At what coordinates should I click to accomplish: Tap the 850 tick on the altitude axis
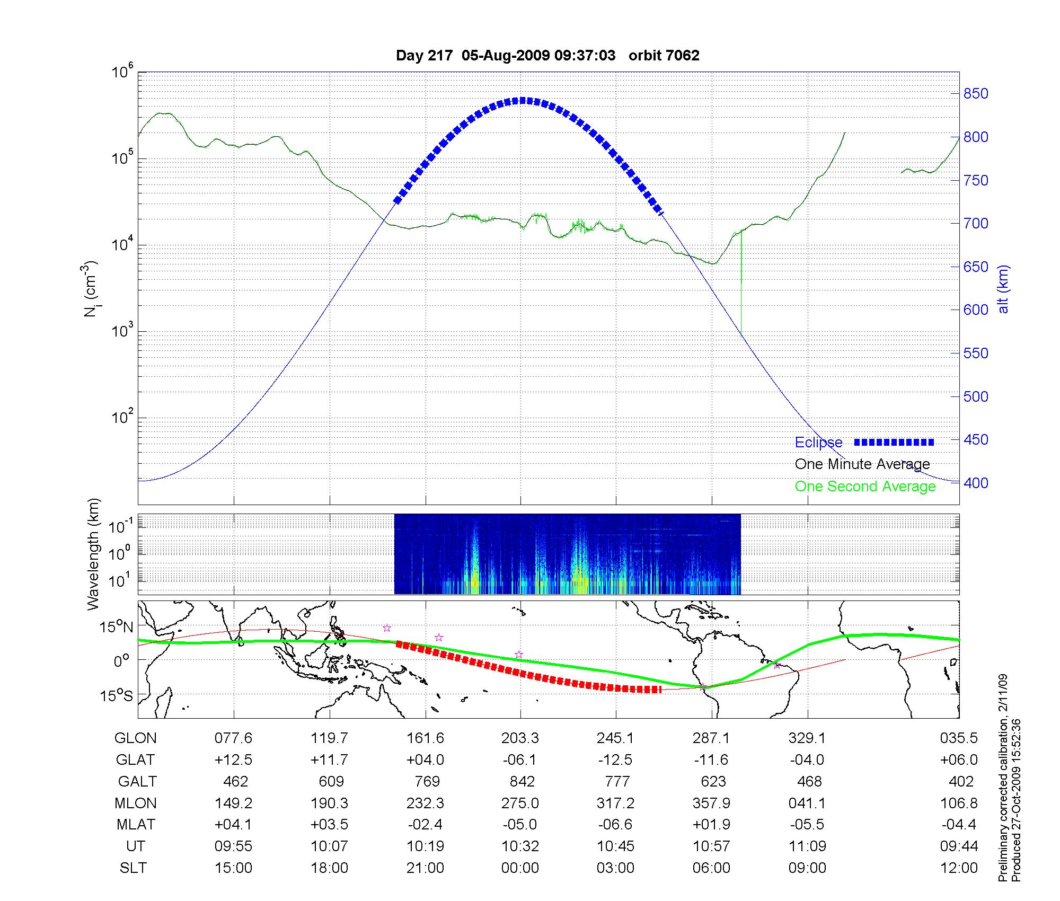975,94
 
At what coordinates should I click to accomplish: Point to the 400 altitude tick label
975,483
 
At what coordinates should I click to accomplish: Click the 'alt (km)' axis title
1003,289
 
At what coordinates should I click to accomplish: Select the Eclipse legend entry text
818,443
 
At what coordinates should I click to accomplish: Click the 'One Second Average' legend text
865,487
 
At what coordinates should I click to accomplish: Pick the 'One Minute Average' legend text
862,464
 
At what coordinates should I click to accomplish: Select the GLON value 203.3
520,738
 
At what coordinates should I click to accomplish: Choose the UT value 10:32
520,846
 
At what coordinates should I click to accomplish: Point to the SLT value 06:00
711,868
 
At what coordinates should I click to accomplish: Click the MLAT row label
136,825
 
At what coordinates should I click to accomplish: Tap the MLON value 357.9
711,803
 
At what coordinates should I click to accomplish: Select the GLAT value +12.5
233,760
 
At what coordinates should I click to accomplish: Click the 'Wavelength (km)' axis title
93,554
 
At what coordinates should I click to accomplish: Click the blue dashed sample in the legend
894,442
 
